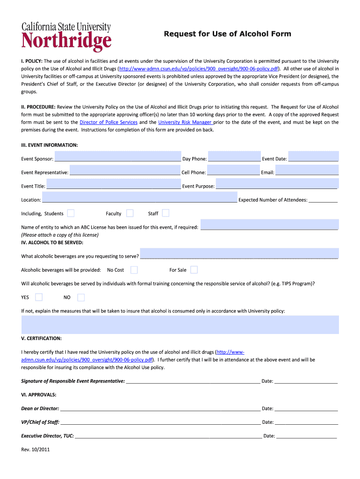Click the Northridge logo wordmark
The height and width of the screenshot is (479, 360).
coord(66,41)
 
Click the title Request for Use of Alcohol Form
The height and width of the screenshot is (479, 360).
coord(227,34)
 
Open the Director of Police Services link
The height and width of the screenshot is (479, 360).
coord(108,122)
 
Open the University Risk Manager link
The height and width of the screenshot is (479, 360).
coord(185,122)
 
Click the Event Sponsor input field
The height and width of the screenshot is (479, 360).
coord(118,157)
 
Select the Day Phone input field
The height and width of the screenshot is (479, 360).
coord(234,157)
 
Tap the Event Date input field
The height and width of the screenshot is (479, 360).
coord(313,157)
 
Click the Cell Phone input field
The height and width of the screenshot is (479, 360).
coord(233,171)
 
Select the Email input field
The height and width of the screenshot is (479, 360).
coord(307,171)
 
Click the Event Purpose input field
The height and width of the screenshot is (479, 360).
coord(277,184)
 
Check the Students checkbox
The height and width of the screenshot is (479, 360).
coord(71,213)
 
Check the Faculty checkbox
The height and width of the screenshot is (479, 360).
coord(130,213)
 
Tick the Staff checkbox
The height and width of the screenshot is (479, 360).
coord(166,213)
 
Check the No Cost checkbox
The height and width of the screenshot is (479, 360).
coord(134,270)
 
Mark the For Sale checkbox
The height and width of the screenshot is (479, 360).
coord(194,270)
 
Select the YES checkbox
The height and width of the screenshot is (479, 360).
coord(39,297)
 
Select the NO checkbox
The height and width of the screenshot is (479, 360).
coord(81,297)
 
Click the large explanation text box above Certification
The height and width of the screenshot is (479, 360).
coord(180,325)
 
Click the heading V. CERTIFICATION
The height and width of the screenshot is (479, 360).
coord(41,338)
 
